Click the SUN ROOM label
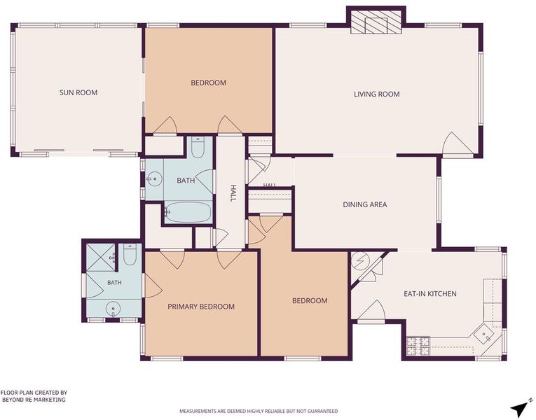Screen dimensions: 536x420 [x=78, y=92]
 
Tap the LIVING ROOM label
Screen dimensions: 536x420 [x=377, y=94]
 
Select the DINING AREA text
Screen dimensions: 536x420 [x=365, y=204]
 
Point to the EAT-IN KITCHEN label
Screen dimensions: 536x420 [x=430, y=294]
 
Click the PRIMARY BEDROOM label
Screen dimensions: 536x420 [x=201, y=307]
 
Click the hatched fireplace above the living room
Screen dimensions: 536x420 [x=376, y=22]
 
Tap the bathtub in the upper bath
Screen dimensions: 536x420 [x=188, y=212]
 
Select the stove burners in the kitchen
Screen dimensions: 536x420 [x=418, y=346]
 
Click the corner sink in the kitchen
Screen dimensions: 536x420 [x=485, y=335]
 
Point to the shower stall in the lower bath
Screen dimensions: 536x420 [x=100, y=258]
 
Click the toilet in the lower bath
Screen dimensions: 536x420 [x=130, y=254]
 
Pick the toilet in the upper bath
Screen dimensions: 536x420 [x=198, y=148]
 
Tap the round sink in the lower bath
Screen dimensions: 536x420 [x=113, y=309]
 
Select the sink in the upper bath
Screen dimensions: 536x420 [x=154, y=178]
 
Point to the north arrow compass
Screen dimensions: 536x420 [x=521, y=406]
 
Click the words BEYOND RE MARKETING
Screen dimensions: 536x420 [x=34, y=400]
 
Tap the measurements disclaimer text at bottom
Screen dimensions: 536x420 [x=259, y=411]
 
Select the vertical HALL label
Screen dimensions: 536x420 [x=233, y=193]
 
